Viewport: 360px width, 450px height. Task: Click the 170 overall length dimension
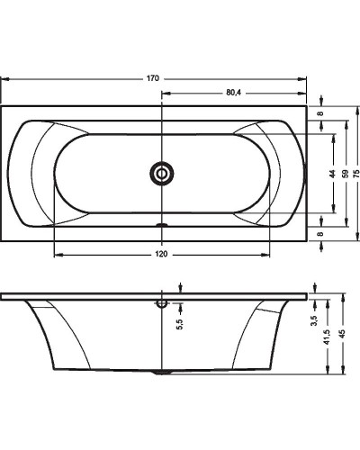pos(153,79)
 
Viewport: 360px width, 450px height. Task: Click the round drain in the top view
pos(162,173)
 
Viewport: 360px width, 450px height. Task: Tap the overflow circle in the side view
pos(162,303)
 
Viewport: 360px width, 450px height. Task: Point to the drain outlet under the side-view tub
pos(162,370)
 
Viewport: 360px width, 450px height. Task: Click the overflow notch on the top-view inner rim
pos(162,225)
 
